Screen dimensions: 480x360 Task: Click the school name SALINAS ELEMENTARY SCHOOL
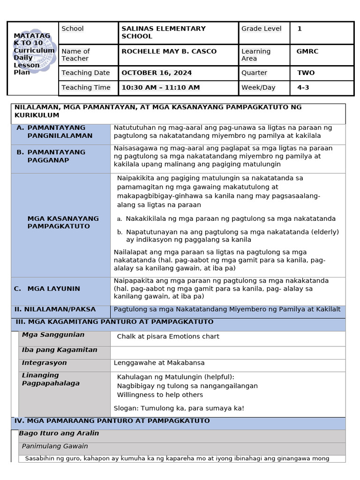pyautogui.click(x=163, y=32)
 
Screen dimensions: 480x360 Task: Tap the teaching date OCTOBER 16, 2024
pyautogui.click(x=157, y=73)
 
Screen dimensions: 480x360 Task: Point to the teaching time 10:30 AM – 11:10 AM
pyautogui.click(x=160, y=88)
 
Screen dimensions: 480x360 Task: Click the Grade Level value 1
pyautogui.click(x=300, y=29)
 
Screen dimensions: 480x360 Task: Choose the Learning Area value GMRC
pyautogui.click(x=307, y=52)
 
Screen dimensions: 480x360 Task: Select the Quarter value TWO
pyautogui.click(x=306, y=73)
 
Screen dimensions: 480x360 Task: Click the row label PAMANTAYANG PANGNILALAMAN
pyautogui.click(x=60, y=132)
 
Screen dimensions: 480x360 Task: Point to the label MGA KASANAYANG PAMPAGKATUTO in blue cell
pyautogui.click(x=63, y=222)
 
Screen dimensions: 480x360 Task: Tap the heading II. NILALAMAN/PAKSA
pyautogui.click(x=55, y=309)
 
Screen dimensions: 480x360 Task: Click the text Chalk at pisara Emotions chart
pyautogui.click(x=168, y=337)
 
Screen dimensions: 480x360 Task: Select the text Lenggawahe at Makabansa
pyautogui.click(x=159, y=363)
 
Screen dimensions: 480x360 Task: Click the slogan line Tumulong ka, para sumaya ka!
pyautogui.click(x=179, y=408)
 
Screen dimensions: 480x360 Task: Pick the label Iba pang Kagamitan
pyautogui.click(x=60, y=350)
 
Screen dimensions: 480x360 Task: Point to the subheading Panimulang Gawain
pyautogui.click(x=55, y=446)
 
